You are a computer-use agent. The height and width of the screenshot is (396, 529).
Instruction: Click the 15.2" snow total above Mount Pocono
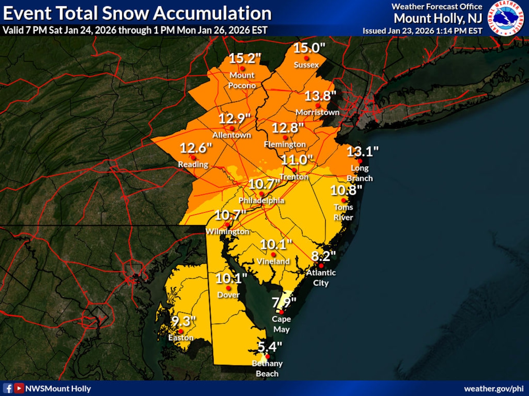click(245, 59)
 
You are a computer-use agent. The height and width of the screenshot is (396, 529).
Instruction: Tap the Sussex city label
click(306, 65)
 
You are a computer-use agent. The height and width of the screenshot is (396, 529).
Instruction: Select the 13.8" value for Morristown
click(320, 96)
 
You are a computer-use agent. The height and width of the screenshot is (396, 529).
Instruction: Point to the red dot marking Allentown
click(232, 128)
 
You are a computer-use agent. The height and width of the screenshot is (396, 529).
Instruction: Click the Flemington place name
click(285, 144)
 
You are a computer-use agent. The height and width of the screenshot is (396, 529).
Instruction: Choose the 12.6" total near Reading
click(195, 148)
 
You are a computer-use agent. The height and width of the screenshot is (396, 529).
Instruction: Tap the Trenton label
click(294, 177)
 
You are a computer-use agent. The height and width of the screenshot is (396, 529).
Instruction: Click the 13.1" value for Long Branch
click(362, 152)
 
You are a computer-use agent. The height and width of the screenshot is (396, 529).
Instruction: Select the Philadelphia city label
click(261, 200)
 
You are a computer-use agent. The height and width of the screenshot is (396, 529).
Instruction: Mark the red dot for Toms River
click(343, 200)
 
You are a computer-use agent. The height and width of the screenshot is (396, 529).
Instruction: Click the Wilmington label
click(227, 231)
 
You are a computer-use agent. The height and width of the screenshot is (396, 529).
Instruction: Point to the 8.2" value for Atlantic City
click(323, 256)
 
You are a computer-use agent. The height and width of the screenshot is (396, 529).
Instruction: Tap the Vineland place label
click(273, 262)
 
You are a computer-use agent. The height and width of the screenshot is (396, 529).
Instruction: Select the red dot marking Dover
click(229, 288)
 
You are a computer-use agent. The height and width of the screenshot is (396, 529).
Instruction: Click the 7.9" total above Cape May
click(284, 303)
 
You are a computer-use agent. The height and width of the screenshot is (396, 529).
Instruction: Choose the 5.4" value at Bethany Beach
click(269, 347)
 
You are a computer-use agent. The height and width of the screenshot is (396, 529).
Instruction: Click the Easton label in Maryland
click(181, 338)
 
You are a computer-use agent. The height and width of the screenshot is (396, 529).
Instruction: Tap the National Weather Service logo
click(505, 18)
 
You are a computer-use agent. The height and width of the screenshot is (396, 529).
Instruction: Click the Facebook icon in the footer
click(8, 388)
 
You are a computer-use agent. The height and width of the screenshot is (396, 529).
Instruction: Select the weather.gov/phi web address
click(493, 389)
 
